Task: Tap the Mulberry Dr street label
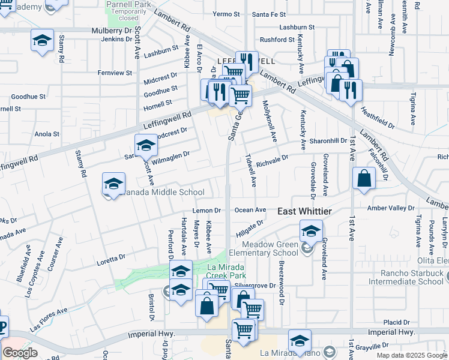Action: (x=112, y=30)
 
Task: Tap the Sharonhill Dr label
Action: (x=329, y=141)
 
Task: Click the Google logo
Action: (x=20, y=353)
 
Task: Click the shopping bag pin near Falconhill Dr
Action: (x=364, y=178)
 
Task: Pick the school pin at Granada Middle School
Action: (x=113, y=184)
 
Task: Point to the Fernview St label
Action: (x=115, y=73)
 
